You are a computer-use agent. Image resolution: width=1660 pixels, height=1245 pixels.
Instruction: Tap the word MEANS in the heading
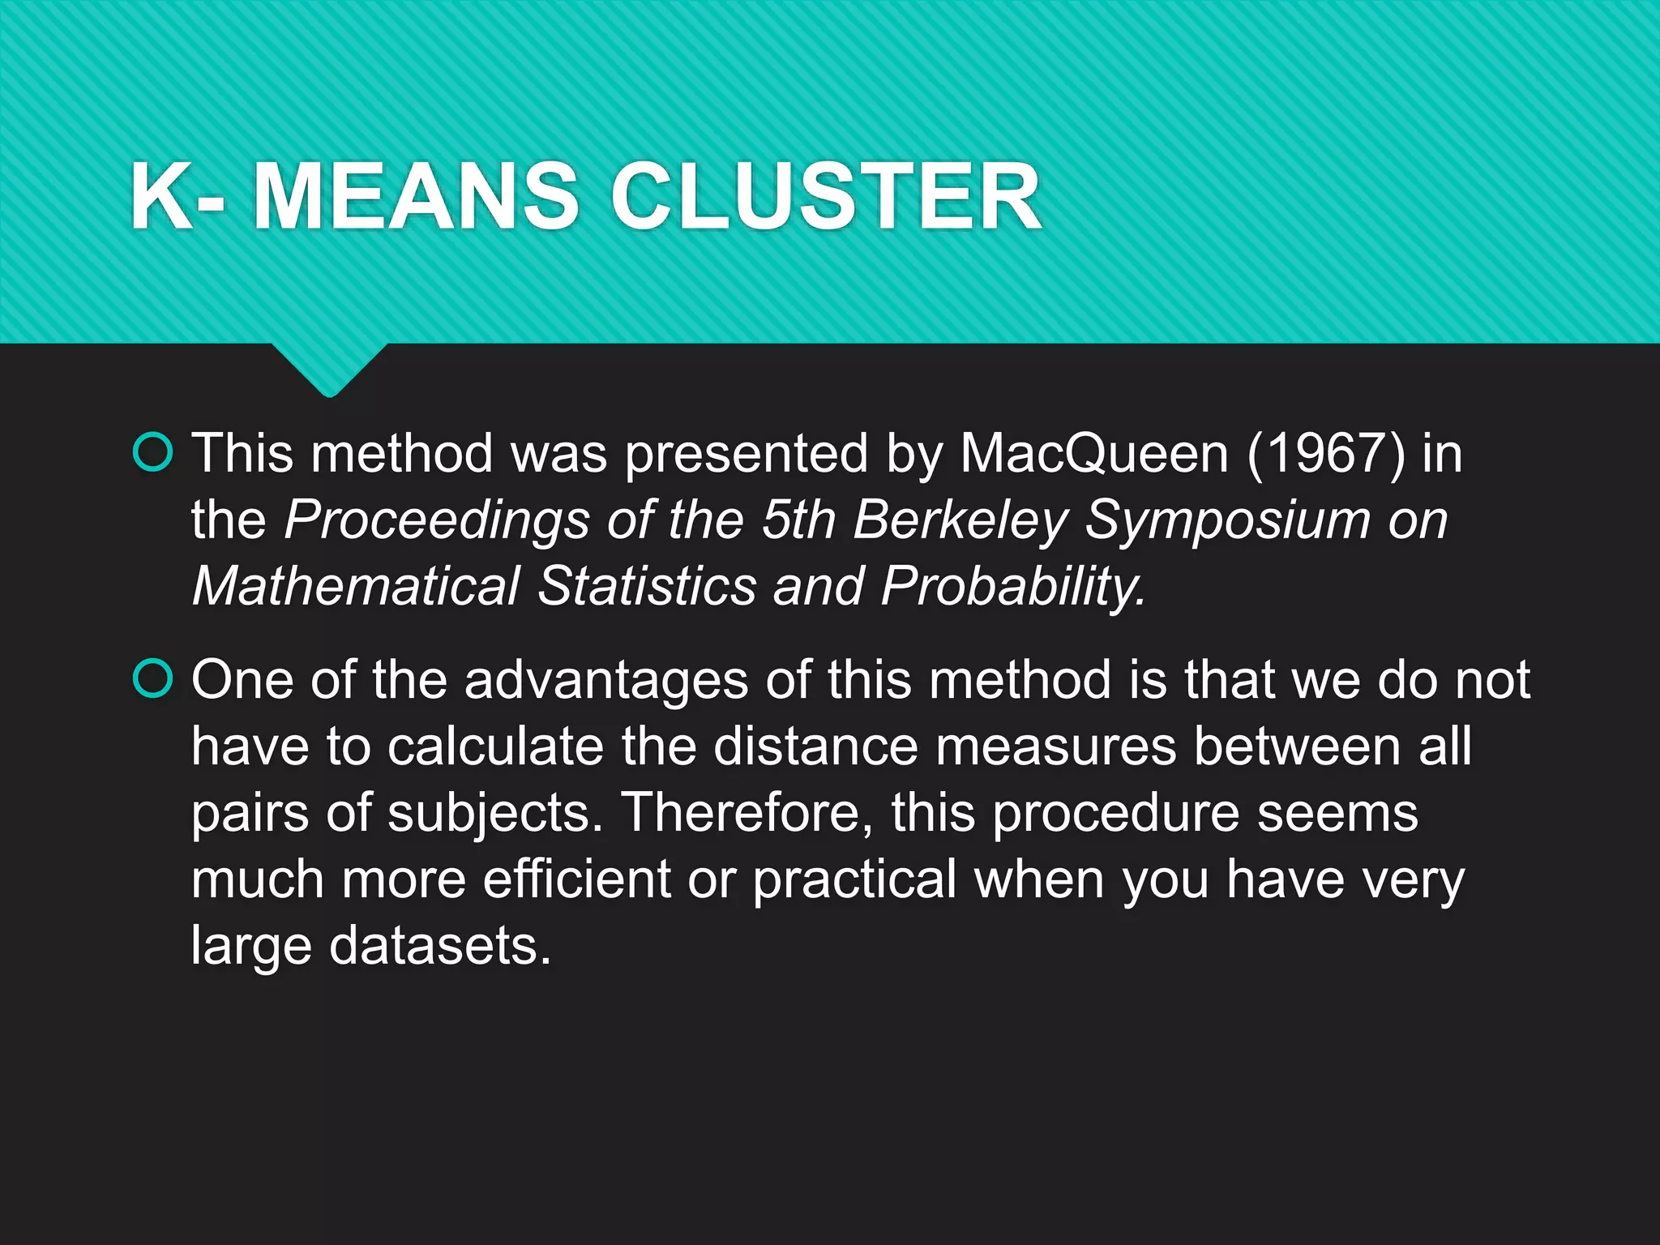[x=416, y=197]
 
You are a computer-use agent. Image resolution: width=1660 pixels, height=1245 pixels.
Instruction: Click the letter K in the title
[x=160, y=197]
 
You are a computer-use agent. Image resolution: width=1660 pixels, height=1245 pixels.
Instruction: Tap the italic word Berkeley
[x=960, y=520]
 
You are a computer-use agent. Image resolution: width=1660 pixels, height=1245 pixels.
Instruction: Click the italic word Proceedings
[x=437, y=521]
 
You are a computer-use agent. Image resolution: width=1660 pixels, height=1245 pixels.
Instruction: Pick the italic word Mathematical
[x=356, y=585]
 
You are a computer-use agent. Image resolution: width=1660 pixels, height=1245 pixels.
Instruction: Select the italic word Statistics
[x=646, y=585]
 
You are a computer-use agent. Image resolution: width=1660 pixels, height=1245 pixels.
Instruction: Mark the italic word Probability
[x=1013, y=587]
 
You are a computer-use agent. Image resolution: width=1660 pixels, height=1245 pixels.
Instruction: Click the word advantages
[x=606, y=680]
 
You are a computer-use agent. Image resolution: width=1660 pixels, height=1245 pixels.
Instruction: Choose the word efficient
[x=576, y=879]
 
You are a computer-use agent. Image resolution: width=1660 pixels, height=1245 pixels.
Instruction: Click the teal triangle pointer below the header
[x=329, y=368]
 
